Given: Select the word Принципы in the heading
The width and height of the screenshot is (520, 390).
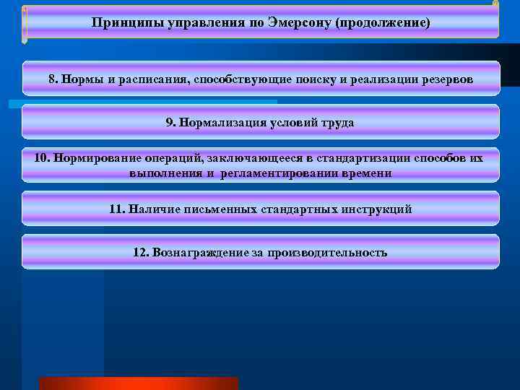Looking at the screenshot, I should coord(118,23).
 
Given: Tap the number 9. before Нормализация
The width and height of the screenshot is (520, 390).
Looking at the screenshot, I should coord(171,122).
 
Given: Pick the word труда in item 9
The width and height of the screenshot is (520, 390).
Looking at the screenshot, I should coord(339,122).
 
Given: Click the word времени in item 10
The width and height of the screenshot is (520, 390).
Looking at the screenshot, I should coord(368,173).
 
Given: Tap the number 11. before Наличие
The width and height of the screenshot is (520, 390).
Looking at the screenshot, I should coord(117,209).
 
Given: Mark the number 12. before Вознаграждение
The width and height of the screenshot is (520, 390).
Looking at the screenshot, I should coord(142,252).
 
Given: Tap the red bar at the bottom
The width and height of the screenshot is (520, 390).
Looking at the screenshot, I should coord(138,383).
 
